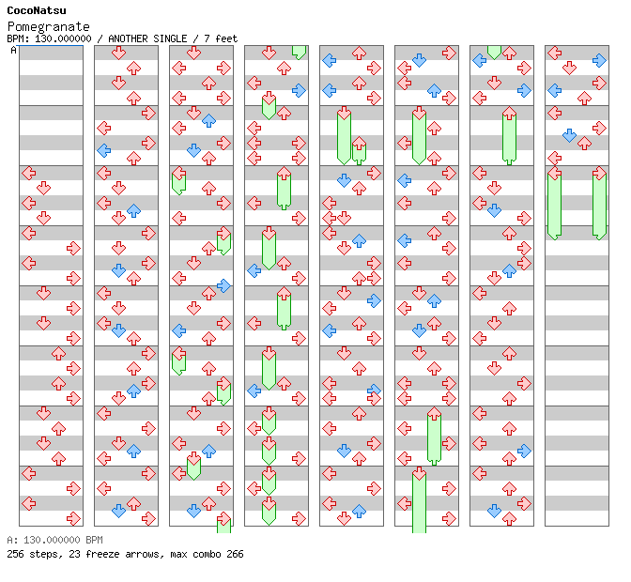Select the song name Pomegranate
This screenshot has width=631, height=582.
(49, 26)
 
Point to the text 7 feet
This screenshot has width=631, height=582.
(217, 38)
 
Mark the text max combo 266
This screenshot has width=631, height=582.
(204, 554)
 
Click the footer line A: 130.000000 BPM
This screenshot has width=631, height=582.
(54, 541)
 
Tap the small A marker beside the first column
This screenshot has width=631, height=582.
(14, 51)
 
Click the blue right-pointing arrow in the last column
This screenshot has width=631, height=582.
(599, 60)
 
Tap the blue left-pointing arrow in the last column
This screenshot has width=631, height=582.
(554, 90)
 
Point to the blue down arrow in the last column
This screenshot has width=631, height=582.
(569, 135)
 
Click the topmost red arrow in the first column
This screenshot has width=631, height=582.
(28, 173)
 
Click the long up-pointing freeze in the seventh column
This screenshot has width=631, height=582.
(509, 136)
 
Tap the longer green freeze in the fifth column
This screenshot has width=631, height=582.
(344, 136)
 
